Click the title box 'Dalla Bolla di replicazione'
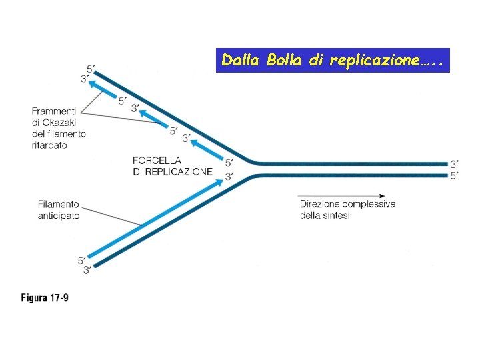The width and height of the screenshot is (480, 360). tap(333, 61)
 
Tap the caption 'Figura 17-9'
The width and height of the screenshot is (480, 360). tap(45, 297)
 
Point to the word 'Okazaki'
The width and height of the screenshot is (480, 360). tap(58, 122)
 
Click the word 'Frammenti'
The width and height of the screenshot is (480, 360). tap(54, 111)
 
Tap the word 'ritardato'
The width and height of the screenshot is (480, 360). tap(50, 145)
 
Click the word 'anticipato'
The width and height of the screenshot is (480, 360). tap(59, 215)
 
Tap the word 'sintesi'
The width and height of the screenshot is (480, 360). tap(335, 215)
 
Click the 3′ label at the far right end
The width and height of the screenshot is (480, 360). tap(455, 164)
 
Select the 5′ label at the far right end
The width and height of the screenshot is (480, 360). tap(455, 175)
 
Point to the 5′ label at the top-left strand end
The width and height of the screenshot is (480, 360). tap(91, 69)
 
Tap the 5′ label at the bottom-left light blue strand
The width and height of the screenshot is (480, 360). tap(82, 260)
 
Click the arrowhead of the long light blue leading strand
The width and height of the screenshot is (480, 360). tap(219, 182)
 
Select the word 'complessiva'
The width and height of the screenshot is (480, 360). tap(371, 204)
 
